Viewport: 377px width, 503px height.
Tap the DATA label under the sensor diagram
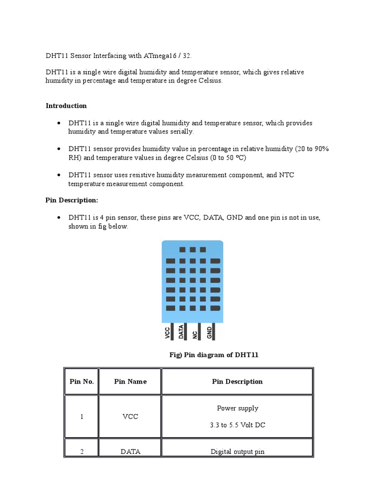pos(181,332)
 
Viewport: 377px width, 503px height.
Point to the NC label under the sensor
pos(195,334)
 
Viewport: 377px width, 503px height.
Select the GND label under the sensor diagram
pos(210,333)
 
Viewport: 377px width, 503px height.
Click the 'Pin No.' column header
pos(81,381)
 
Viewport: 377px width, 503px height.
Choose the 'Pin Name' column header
pos(130,381)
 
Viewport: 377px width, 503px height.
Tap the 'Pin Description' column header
pos(237,381)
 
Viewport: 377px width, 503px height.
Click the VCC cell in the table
pos(130,417)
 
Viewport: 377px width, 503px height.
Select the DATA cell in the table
pos(130,451)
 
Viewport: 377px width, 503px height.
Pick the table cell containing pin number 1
pos(81,417)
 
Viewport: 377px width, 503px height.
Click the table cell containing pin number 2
pos(81,451)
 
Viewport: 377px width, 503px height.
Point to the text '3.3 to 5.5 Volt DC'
pos(237,425)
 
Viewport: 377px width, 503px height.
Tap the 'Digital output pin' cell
pos(237,451)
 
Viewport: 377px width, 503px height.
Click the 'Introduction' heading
pos(66,106)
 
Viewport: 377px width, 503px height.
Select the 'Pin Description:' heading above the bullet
pos(72,200)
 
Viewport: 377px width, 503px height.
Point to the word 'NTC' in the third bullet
pos(287,175)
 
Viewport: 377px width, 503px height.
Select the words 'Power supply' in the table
pos(237,408)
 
